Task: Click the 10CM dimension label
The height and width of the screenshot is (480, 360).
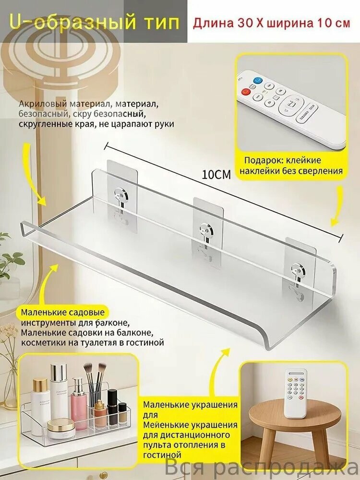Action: pyautogui.click(x=216, y=175)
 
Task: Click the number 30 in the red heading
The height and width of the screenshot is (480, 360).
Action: pyautogui.click(x=243, y=23)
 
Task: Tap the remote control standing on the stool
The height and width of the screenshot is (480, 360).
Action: pyautogui.click(x=295, y=393)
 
